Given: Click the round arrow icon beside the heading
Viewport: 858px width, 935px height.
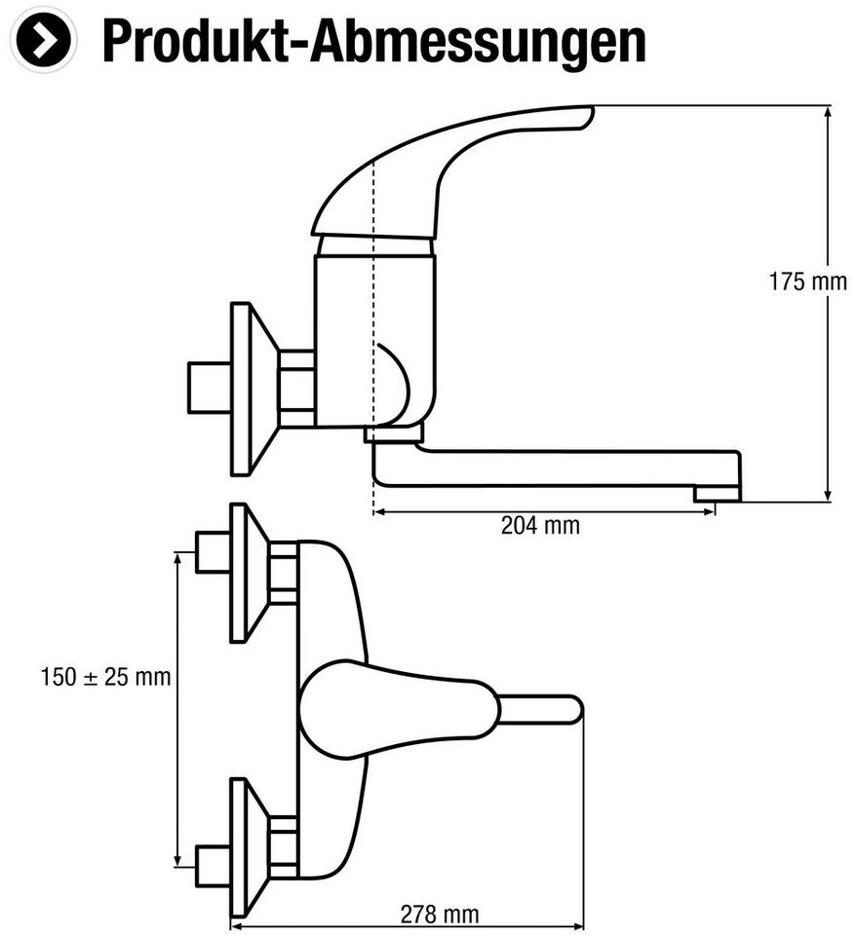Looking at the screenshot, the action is [x=43, y=39].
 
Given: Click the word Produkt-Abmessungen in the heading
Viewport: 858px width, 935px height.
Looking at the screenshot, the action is [x=373, y=41].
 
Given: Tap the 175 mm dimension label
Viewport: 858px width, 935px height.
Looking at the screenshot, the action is [x=808, y=282].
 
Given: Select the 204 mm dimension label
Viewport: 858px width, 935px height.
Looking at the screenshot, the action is [x=540, y=526].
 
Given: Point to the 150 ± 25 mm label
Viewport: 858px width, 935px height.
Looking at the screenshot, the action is [x=105, y=677].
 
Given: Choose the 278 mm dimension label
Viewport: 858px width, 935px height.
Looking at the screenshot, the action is [x=440, y=915].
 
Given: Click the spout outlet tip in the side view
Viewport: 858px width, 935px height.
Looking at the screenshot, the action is [x=717, y=494].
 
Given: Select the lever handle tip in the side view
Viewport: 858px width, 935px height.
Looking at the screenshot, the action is [x=581, y=114].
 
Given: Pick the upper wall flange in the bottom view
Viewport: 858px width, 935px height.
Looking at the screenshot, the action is [x=248, y=573].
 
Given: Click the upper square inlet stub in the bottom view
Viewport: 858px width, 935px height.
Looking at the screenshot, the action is [x=212, y=552].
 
